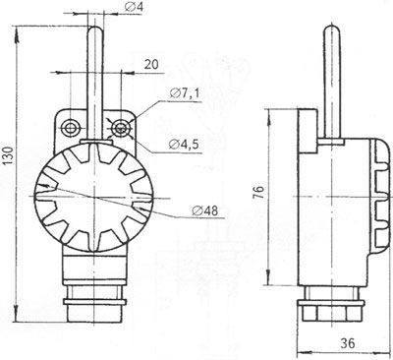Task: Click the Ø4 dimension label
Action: point(134,7)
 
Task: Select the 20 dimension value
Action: point(151,65)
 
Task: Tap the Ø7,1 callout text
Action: point(184,93)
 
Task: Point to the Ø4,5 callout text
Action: point(184,145)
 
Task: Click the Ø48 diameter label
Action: point(205,210)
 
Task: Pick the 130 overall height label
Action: point(8,155)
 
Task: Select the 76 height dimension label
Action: point(258,192)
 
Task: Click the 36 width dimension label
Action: point(347,343)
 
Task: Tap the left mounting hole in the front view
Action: point(70,128)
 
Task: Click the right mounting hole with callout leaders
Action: point(119,128)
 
